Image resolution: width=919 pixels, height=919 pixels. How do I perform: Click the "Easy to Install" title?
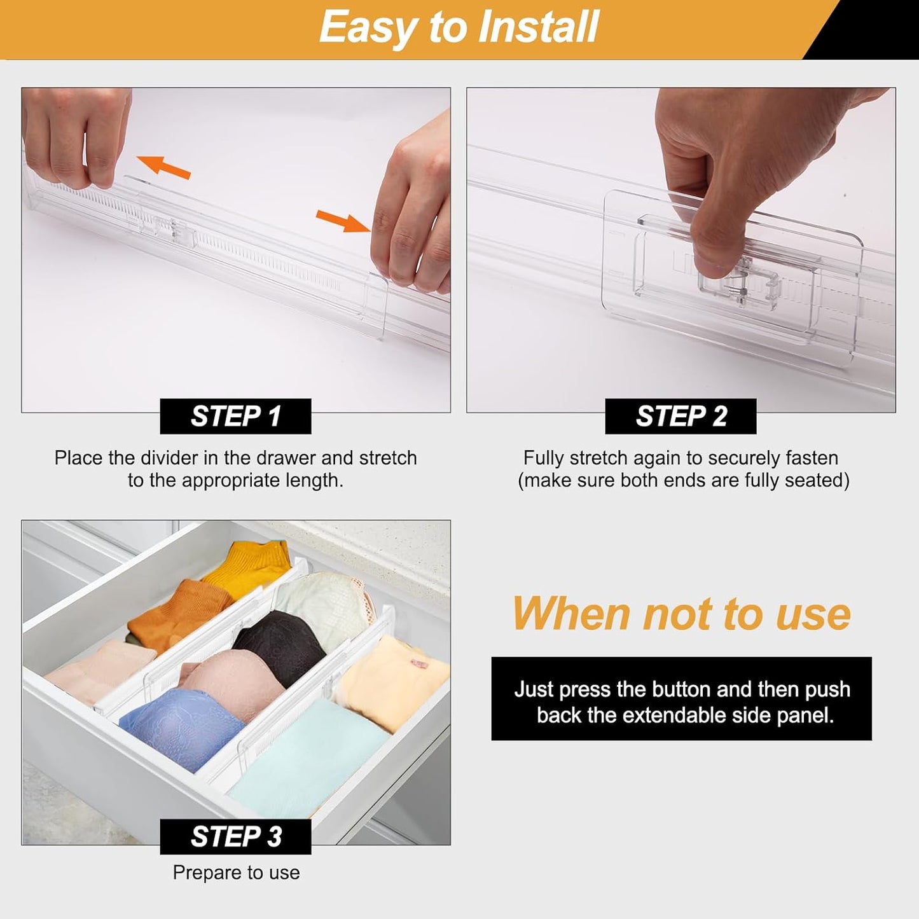coord(459,27)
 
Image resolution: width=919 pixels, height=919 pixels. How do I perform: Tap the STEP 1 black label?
coord(235,417)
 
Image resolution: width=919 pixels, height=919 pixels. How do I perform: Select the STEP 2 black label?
coord(681,417)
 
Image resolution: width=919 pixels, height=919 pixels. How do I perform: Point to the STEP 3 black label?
coord(235,836)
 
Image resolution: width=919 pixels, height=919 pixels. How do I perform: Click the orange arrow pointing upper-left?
coord(163,167)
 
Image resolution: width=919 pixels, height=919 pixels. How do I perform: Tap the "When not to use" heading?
coord(681,614)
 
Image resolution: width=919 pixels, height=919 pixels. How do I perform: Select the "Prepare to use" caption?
coord(236,873)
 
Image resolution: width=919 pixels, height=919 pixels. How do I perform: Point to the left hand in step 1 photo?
coord(76,134)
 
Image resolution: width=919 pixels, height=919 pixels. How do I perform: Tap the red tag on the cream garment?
coord(419,664)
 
